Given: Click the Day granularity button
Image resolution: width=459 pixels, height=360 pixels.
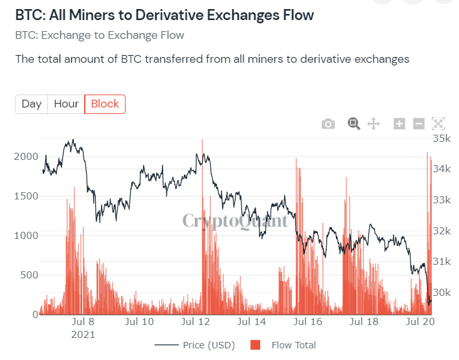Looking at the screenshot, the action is (x=32, y=104).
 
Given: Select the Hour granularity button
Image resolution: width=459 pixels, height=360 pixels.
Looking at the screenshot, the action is (x=66, y=104).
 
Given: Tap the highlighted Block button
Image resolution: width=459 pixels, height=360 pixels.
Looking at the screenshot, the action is (x=105, y=104).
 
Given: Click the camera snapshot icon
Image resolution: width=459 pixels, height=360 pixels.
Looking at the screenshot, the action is (x=328, y=124).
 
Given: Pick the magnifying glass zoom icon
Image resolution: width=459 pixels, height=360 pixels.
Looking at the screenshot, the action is (x=354, y=124).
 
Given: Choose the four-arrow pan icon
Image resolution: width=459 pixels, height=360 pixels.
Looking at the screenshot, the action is (x=374, y=124).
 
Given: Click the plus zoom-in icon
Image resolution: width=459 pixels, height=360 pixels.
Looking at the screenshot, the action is (x=399, y=124).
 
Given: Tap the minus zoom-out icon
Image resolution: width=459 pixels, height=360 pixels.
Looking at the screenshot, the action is (x=419, y=124).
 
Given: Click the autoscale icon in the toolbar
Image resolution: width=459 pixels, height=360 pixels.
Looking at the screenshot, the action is (x=438, y=124).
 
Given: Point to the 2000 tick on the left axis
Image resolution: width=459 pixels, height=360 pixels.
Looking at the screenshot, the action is (x=26, y=157).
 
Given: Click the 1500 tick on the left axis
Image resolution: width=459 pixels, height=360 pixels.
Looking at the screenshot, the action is (x=26, y=196).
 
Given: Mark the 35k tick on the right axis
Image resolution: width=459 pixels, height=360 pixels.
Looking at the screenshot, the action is (x=442, y=138).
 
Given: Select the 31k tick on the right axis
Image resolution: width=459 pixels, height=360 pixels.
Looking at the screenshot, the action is (x=442, y=261).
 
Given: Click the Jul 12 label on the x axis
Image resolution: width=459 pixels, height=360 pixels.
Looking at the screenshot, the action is (x=196, y=322).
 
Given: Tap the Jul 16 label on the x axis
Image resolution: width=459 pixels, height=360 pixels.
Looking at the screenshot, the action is (x=308, y=322).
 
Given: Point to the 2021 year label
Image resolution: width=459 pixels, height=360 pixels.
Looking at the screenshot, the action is (x=83, y=335).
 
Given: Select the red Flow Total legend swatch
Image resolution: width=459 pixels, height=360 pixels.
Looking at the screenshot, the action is (x=255, y=345).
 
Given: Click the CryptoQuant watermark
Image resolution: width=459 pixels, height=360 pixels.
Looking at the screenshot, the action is (x=235, y=221).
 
